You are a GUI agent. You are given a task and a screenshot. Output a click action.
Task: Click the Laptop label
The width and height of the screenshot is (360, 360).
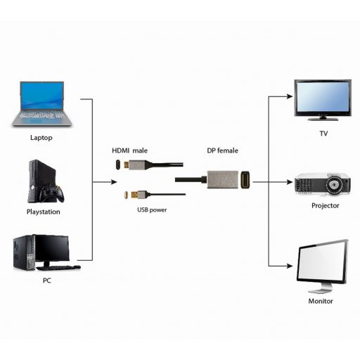(x=41, y=138)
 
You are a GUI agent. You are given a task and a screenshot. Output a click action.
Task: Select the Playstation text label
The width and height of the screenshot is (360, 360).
(x=43, y=212)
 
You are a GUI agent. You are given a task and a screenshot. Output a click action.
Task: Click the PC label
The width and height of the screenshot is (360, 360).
(x=46, y=281)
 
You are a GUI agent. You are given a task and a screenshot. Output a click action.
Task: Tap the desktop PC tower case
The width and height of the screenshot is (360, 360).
(x=22, y=254)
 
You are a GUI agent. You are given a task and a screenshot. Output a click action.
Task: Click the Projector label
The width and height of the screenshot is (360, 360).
(x=325, y=205)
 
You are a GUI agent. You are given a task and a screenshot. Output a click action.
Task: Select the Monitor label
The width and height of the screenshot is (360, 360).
(x=321, y=301)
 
